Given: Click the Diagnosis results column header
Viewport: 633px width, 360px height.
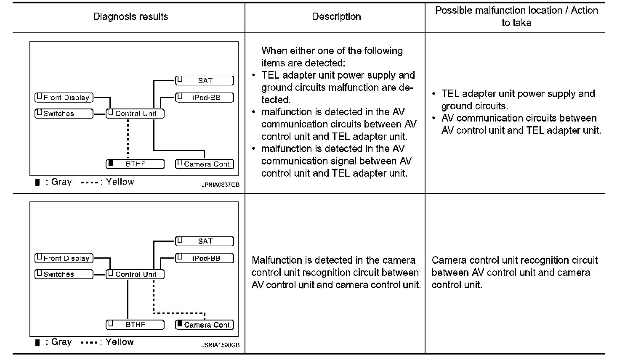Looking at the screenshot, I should (130, 17).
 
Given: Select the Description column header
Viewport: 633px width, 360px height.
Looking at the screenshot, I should (336, 17).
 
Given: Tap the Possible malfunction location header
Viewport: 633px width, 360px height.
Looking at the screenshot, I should (516, 17).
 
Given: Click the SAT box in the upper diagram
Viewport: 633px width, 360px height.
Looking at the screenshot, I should (205, 80).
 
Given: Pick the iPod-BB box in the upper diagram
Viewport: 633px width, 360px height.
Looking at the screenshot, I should (205, 98).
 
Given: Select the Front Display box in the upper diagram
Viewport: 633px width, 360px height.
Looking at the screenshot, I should (64, 98).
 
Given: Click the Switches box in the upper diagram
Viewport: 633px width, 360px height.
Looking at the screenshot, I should (64, 114).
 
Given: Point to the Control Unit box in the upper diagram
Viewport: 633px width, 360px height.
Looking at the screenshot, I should (135, 114).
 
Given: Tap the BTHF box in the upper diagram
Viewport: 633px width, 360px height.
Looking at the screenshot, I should (135, 164).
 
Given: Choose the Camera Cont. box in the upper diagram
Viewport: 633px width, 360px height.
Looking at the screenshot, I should (205, 164).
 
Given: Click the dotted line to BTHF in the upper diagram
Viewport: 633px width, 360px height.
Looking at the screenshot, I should (128, 139).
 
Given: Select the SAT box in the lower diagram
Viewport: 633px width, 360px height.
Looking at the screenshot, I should (205, 241).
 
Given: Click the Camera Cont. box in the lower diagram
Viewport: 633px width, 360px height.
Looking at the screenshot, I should (205, 325).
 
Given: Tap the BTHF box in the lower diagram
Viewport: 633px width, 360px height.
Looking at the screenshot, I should (135, 325).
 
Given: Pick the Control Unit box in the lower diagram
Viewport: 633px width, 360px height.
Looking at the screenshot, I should (135, 274).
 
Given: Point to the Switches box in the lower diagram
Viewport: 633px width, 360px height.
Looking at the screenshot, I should (64, 274).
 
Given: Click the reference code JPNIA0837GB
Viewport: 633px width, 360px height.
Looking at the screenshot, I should (220, 184).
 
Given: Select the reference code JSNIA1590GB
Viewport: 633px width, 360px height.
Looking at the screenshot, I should (220, 345).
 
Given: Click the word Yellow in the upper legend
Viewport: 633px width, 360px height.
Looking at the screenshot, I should (120, 182).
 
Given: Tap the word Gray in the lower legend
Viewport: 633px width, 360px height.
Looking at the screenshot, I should (61, 342).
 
